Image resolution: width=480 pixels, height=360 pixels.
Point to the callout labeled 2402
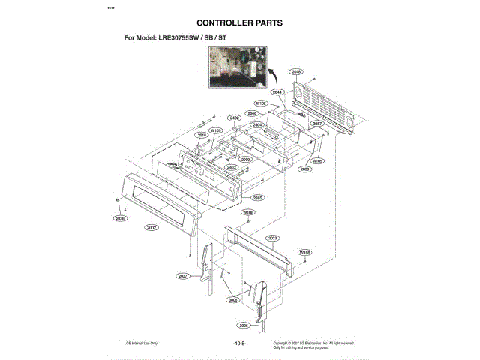(x=235, y=118)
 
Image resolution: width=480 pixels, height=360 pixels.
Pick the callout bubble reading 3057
(x=317, y=124)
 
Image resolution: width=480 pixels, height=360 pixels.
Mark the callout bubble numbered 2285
(x=257, y=198)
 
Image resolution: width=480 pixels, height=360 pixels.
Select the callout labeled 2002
(x=152, y=226)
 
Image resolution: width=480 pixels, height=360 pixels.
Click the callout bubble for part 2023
(x=273, y=237)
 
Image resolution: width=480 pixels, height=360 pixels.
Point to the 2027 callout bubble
(x=182, y=276)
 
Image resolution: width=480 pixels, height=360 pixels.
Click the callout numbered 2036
(x=244, y=325)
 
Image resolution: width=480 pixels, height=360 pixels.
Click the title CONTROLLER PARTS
(x=239, y=22)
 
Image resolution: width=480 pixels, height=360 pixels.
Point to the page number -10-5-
(x=240, y=343)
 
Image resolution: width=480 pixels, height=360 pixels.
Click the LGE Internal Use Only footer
(x=141, y=343)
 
